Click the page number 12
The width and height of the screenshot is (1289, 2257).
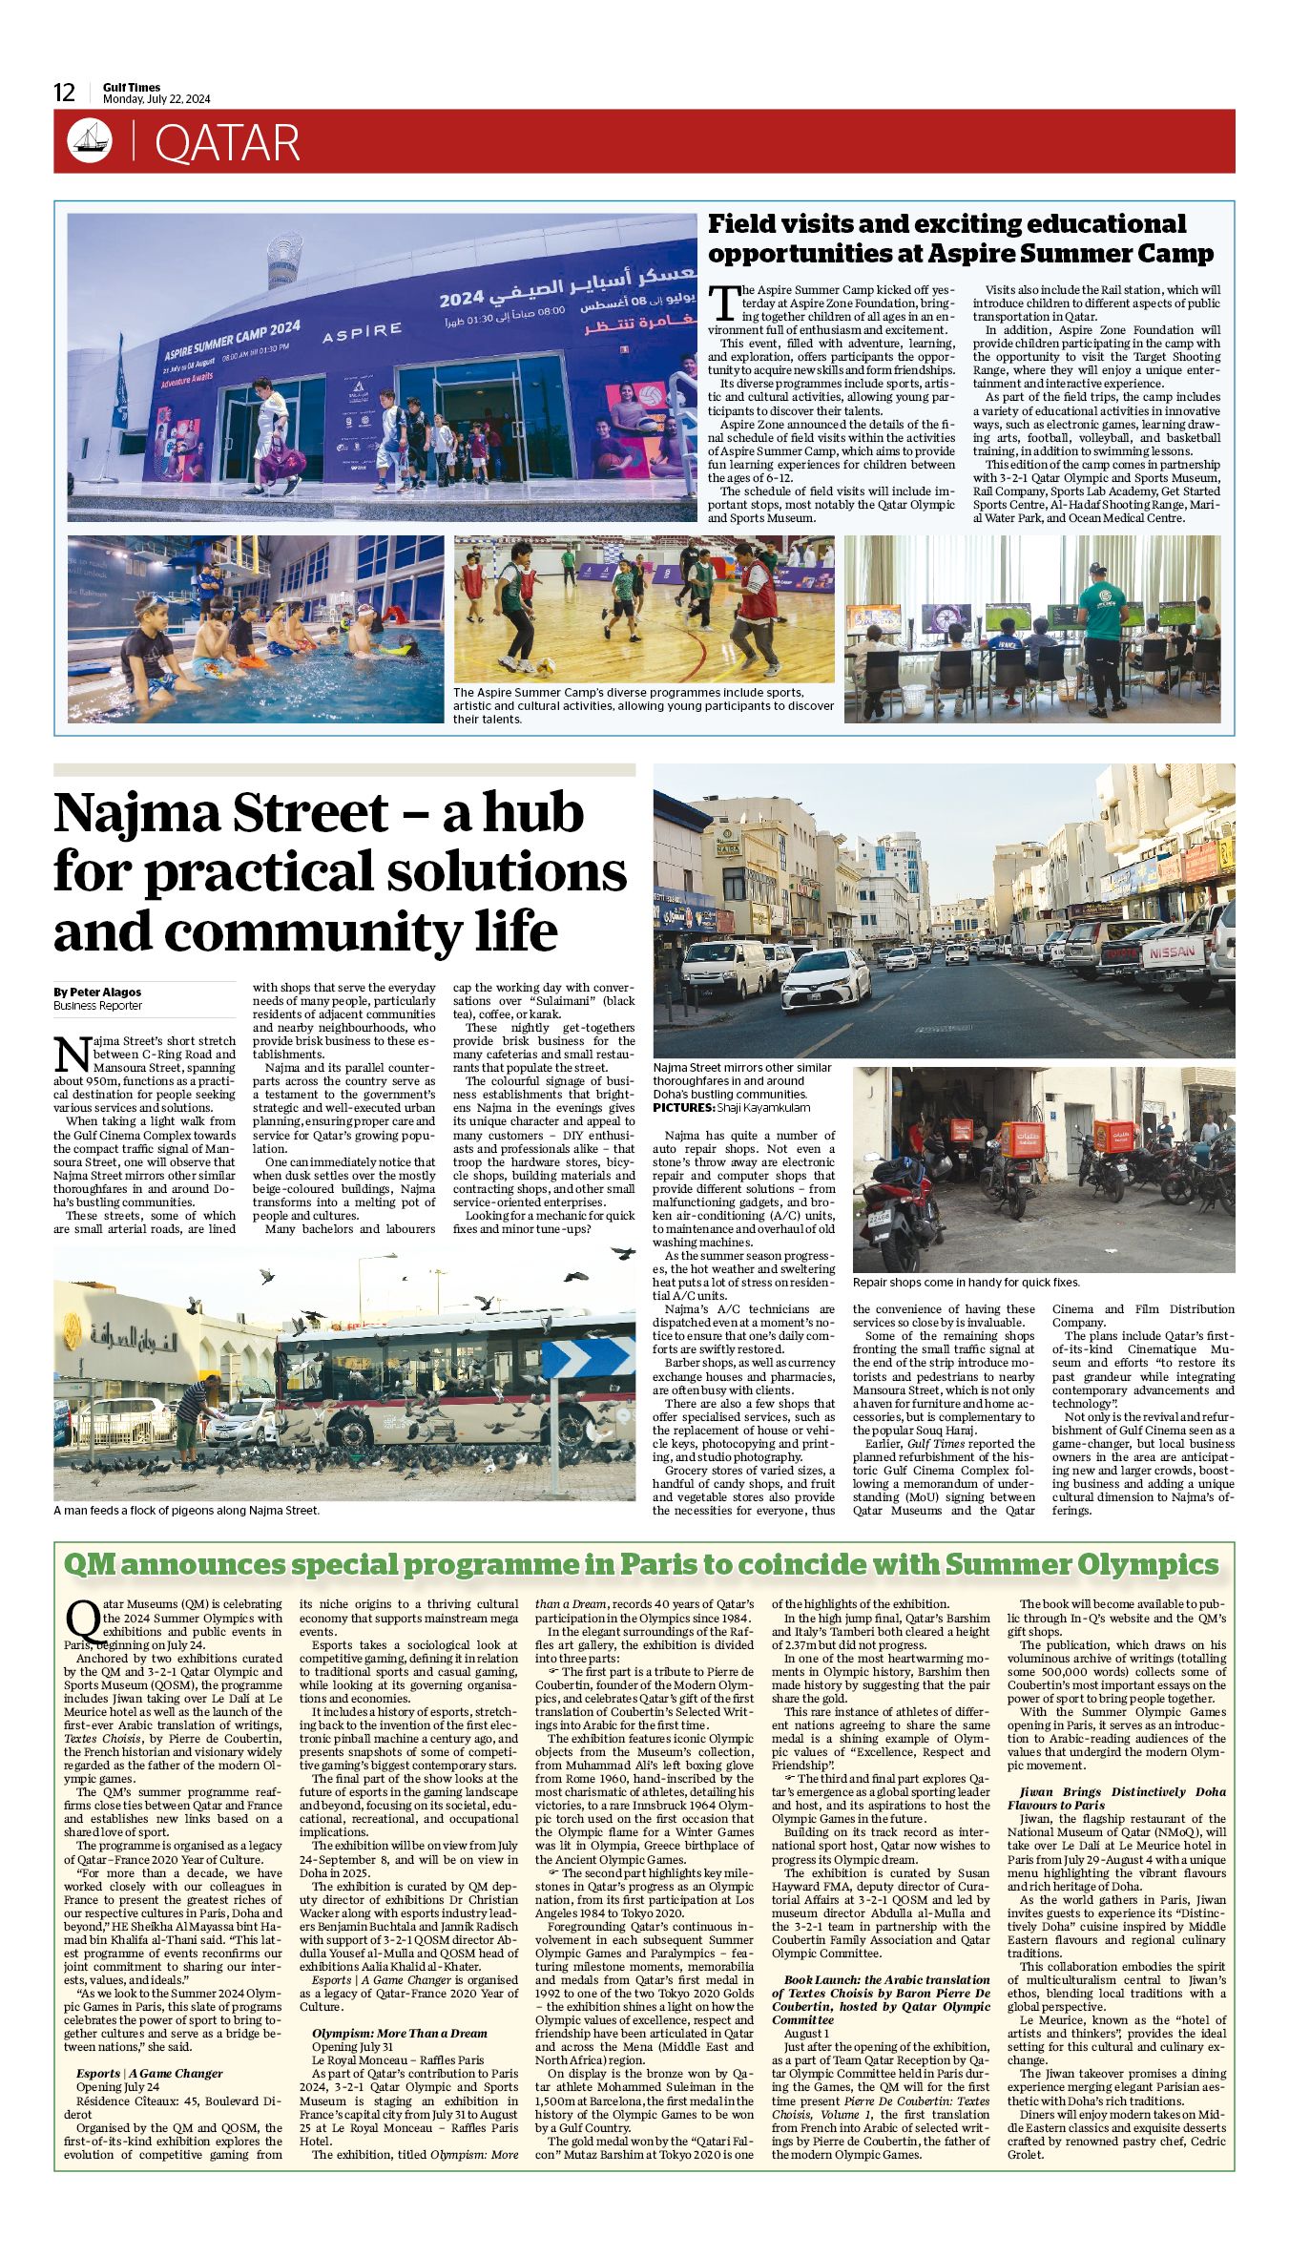pyautogui.click(x=64, y=93)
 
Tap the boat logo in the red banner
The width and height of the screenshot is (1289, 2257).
pyautogui.click(x=90, y=141)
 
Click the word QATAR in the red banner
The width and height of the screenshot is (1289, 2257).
pyautogui.click(x=227, y=143)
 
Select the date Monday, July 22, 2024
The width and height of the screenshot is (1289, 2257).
pyautogui.click(x=156, y=99)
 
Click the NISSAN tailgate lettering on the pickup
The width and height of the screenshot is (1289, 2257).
pyautogui.click(x=1171, y=951)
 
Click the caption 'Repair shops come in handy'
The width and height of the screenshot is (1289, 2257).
pyautogui.click(x=966, y=1282)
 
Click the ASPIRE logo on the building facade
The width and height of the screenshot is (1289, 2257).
pyautogui.click(x=362, y=331)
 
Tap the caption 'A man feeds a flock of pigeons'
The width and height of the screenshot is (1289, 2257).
pyautogui.click(x=186, y=1510)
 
